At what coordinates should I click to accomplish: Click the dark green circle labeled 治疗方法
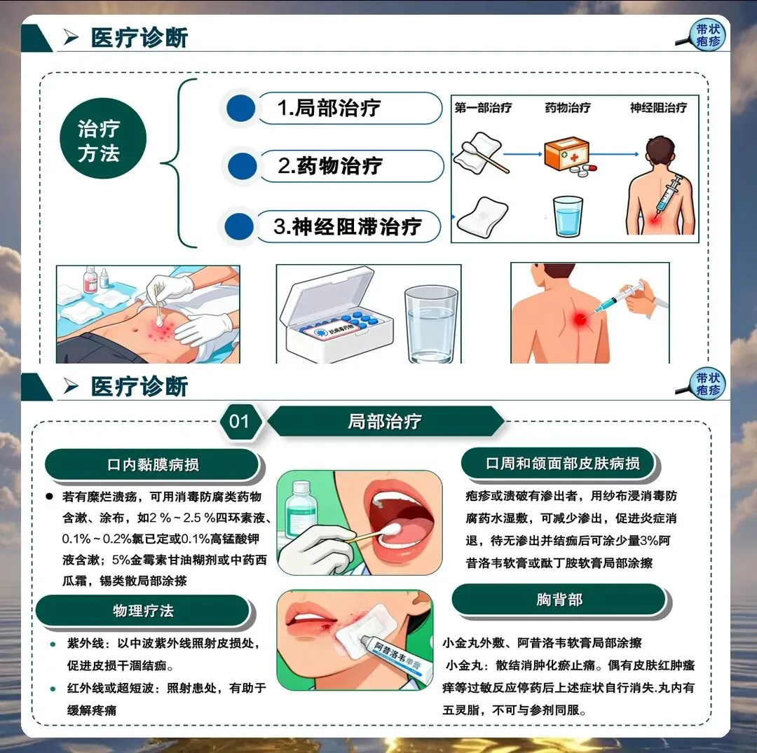(103, 139)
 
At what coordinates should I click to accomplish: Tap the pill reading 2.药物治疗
(351, 166)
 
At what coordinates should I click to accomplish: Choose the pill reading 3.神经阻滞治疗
(348, 226)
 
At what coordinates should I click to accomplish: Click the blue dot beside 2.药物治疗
(242, 166)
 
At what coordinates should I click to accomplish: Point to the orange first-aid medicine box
(567, 153)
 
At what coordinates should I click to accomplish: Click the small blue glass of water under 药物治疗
(568, 216)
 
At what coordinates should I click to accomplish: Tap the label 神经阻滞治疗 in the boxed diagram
(658, 108)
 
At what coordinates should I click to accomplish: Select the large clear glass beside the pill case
(431, 324)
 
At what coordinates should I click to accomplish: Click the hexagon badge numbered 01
(240, 422)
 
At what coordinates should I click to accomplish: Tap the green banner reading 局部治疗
(385, 422)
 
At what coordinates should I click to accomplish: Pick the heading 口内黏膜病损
(153, 464)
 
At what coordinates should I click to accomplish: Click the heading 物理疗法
(143, 611)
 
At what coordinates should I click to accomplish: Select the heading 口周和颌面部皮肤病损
(562, 464)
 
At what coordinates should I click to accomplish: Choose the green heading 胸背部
(559, 600)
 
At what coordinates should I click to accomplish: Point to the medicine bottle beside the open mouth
(301, 511)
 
